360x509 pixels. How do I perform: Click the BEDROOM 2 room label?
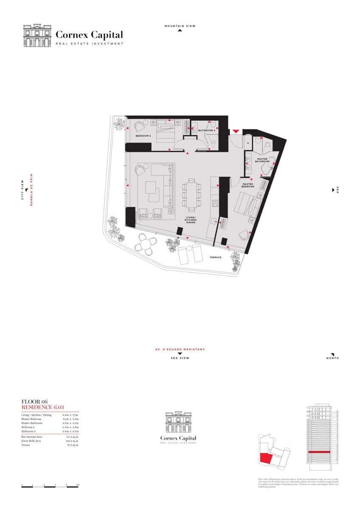point(143,136)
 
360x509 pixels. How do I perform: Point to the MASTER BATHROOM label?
point(262,160)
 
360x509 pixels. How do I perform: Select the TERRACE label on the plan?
point(216,257)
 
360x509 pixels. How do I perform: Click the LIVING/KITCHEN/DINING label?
point(190,220)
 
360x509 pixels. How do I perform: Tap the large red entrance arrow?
point(236,132)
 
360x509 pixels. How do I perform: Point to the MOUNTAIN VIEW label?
point(180,26)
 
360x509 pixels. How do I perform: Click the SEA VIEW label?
point(180,358)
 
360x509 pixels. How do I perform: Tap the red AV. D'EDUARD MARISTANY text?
point(180,350)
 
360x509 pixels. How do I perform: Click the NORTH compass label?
point(333,358)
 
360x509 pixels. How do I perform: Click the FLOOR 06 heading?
point(34,401)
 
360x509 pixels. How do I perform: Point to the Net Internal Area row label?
point(32,436)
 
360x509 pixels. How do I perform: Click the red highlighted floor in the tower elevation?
point(319,453)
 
